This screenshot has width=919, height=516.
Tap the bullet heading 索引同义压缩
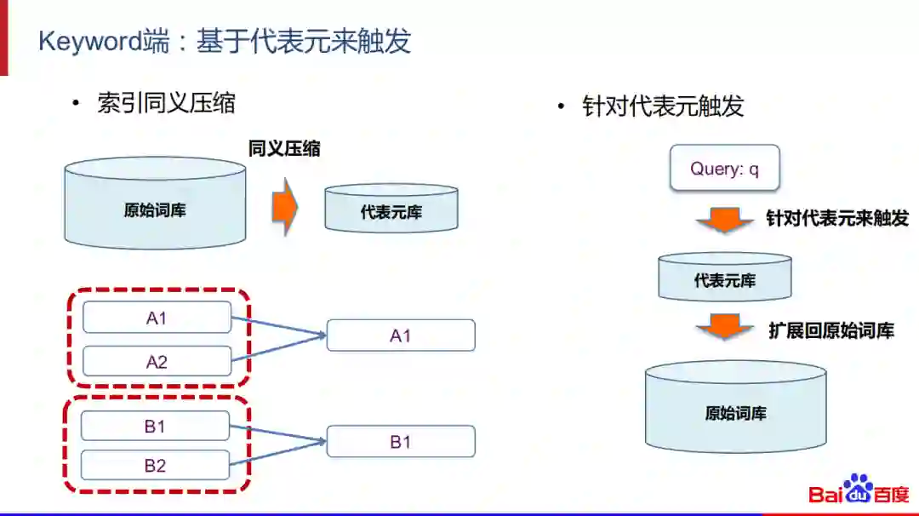pyautogui.click(x=166, y=104)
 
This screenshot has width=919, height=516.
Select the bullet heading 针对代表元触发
pyautogui.click(x=663, y=106)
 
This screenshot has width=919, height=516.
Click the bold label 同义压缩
pyautogui.click(x=284, y=148)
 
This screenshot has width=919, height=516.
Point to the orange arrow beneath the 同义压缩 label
pyautogui.click(x=285, y=207)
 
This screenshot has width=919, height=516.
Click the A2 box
pyautogui.click(x=157, y=362)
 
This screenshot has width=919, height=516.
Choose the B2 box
pyautogui.click(x=155, y=466)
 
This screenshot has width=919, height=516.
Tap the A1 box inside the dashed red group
pyautogui.click(x=157, y=318)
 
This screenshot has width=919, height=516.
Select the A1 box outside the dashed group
pyautogui.click(x=401, y=335)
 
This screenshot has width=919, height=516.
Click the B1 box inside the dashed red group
pyautogui.click(x=155, y=427)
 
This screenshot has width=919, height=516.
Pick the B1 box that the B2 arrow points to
pyautogui.click(x=401, y=442)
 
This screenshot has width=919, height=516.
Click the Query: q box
pyautogui.click(x=724, y=169)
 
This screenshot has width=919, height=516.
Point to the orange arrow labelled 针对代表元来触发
pyautogui.click(x=724, y=221)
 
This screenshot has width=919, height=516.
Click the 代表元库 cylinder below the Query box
pyautogui.click(x=725, y=278)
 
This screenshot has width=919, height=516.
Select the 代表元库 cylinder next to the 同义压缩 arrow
pyautogui.click(x=391, y=209)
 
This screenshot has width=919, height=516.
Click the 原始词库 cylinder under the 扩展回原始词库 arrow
pyautogui.click(x=735, y=410)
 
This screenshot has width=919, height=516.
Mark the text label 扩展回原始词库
pyautogui.click(x=831, y=330)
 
